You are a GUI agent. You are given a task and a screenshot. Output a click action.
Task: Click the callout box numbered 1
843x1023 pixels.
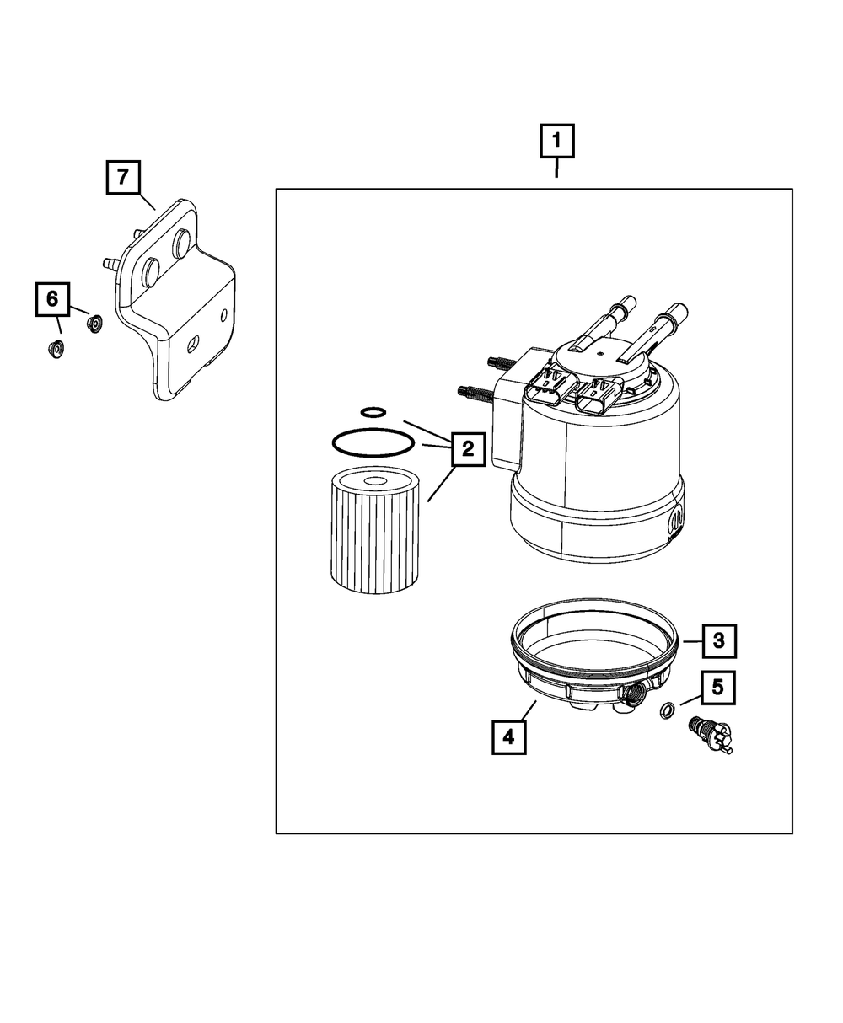point(557,142)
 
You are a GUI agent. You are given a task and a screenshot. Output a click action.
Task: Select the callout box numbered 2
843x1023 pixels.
point(467,449)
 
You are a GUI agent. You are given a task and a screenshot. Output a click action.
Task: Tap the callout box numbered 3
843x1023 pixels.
point(718,641)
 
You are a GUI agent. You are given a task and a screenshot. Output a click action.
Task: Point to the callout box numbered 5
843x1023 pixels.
point(717,688)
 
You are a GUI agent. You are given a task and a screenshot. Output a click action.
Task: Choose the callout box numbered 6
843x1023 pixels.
point(52,298)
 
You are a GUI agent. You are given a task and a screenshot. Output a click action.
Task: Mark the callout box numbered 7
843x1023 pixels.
point(123,178)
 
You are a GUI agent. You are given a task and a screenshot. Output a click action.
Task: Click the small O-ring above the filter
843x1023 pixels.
point(373,412)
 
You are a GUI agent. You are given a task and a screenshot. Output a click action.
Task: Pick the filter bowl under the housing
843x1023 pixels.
point(590,674)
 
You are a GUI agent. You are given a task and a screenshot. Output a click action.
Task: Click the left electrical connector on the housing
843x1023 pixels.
point(545,388)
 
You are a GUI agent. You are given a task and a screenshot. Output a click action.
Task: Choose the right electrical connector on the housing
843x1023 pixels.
point(601,394)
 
